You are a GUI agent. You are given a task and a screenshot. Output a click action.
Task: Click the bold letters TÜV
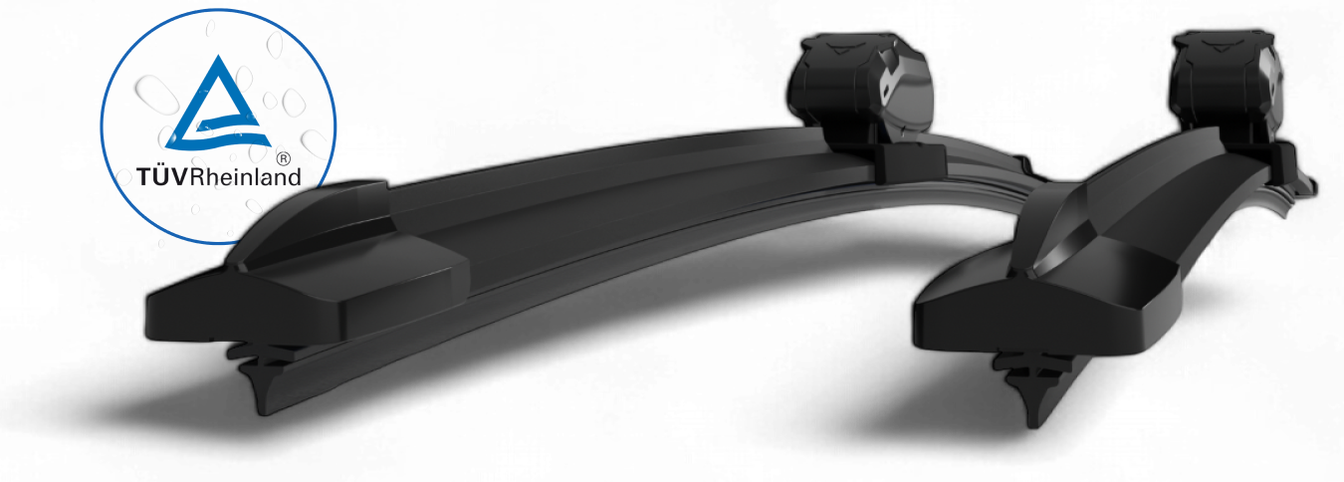pos(162,178)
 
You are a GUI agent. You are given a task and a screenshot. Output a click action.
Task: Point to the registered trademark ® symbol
pos(283,158)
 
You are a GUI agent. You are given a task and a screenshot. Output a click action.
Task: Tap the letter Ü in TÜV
pos(163,177)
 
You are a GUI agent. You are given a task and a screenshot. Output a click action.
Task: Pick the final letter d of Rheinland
pos(295,178)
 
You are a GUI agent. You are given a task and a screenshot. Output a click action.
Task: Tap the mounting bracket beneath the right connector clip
pos(1256,159)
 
